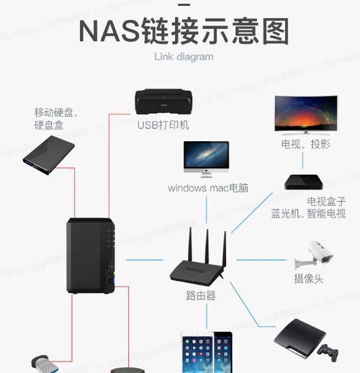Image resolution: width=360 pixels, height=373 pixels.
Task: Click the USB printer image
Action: click(x=163, y=102)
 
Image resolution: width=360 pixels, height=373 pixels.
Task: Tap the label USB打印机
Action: click(x=163, y=125)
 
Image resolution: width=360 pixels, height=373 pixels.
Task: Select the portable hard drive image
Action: click(x=49, y=155)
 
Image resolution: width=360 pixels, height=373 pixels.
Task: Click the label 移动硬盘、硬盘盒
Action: click(x=56, y=119)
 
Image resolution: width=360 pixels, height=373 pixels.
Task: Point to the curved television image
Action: click(x=306, y=114)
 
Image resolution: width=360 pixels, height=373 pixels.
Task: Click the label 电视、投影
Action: click(x=306, y=144)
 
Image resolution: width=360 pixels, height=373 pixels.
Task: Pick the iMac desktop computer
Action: click(x=206, y=159)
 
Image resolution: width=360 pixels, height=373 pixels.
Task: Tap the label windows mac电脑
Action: click(x=208, y=188)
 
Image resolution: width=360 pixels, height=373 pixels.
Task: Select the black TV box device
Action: click(x=304, y=182)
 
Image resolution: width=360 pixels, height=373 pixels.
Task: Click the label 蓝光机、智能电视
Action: click(x=308, y=214)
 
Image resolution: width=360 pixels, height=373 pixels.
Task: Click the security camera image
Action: click(x=314, y=255)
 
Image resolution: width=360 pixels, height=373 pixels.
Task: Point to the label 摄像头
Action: click(x=309, y=279)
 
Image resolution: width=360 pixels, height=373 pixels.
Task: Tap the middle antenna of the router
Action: click(x=207, y=246)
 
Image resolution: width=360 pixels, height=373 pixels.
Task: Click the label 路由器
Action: click(x=201, y=295)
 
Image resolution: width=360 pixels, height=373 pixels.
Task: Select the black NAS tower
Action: click(x=91, y=256)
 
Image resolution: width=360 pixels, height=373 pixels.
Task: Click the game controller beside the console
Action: click(x=328, y=353)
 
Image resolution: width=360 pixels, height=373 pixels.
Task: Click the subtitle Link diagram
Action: click(x=184, y=57)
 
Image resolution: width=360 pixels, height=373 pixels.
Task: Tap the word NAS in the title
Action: click(x=109, y=32)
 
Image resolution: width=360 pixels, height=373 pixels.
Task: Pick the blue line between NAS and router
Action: click(x=145, y=260)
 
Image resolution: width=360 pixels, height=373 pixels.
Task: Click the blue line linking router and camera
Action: click(x=261, y=260)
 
